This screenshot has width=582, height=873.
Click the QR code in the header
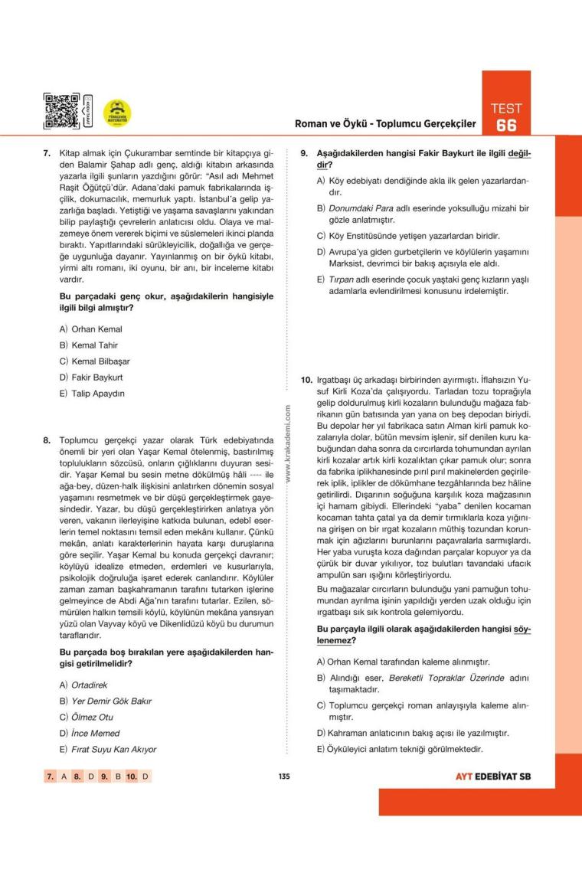pyautogui.click(x=62, y=112)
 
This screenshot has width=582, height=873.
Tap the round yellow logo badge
pyautogui.click(x=117, y=113)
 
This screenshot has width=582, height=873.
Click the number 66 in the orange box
pyautogui.click(x=506, y=126)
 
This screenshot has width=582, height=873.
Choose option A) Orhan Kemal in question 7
pyautogui.click(x=90, y=329)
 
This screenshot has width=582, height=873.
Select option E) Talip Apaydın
pyautogui.click(x=91, y=394)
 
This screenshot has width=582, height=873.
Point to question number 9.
pyautogui.click(x=303, y=154)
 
